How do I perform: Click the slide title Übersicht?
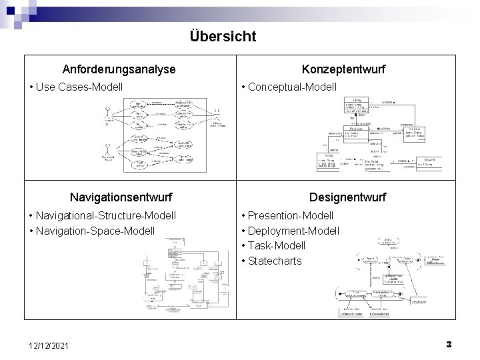point(222,36)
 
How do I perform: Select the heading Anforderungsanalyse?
point(119,69)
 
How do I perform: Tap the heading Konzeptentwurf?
point(343,69)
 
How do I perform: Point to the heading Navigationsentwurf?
point(121,197)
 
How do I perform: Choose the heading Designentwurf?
point(347,197)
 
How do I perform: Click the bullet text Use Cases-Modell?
point(79,87)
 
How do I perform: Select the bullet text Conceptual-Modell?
point(292,87)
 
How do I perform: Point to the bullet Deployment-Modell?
point(293,231)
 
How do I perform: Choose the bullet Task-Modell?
point(279,246)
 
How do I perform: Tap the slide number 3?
point(449,344)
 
